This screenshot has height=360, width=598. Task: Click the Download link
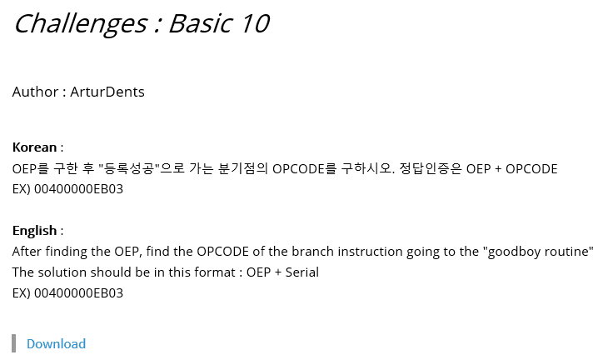pyautogui.click(x=56, y=343)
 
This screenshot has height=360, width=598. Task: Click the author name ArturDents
pyautogui.click(x=107, y=92)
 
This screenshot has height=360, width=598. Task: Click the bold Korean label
pyautogui.click(x=34, y=147)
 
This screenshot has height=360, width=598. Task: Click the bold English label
pyautogui.click(x=34, y=230)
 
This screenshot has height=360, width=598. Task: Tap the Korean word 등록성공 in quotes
pyautogui.click(x=130, y=168)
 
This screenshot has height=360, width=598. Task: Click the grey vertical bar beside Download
pyautogui.click(x=14, y=343)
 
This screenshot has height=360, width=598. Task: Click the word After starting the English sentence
pyautogui.click(x=27, y=251)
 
